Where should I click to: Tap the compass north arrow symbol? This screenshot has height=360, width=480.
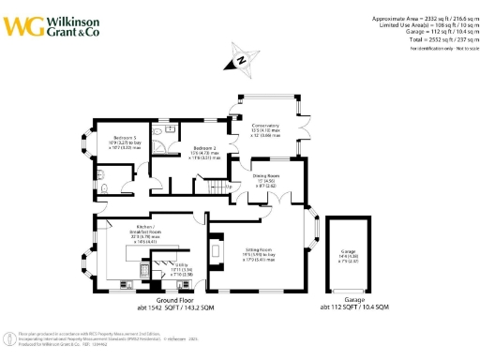(239, 61)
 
